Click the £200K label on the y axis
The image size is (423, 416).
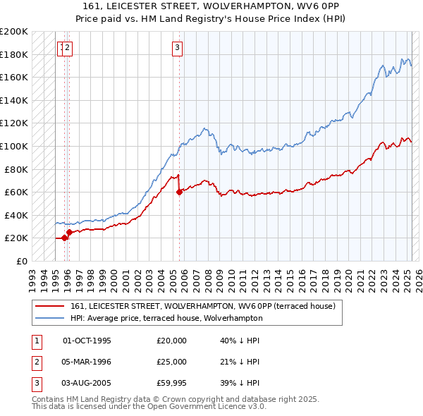[14, 32]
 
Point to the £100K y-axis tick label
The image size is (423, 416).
[14, 146]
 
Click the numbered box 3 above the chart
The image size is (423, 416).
[177, 48]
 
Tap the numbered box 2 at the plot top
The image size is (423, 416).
[68, 48]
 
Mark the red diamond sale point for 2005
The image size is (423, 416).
[179, 192]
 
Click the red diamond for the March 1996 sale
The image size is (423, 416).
[69, 232]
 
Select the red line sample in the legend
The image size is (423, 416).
[50, 306]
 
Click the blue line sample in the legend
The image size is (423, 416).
[50, 318]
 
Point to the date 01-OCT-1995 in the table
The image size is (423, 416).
[87, 341]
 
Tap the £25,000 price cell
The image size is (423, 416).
[172, 362]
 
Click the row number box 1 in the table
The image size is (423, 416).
[35, 341]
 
